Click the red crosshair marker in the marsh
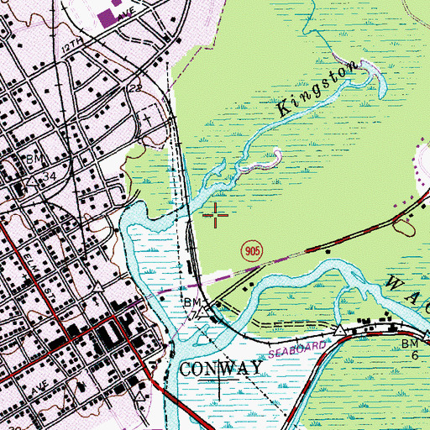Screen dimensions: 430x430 pyautogui.click(x=216, y=216)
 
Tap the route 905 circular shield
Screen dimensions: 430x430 pyautogui.click(x=249, y=250)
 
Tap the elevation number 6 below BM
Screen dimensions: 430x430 pyautogui.click(x=413, y=356)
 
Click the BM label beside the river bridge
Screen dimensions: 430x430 pyautogui.click(x=189, y=302)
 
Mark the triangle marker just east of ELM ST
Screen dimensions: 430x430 pyautogui.click(x=100, y=288)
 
